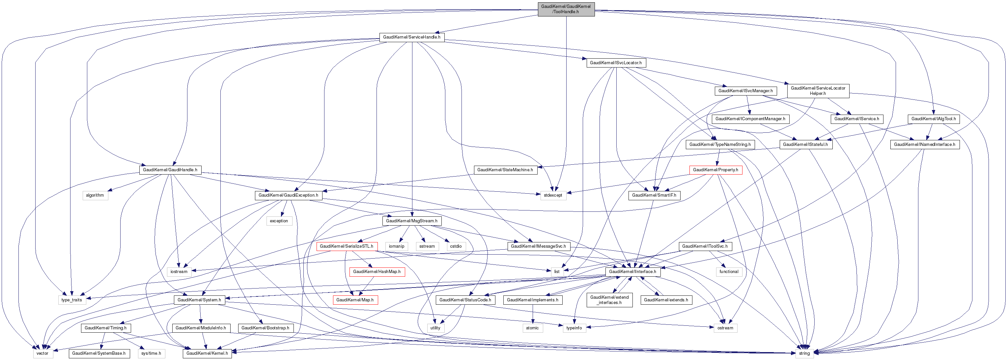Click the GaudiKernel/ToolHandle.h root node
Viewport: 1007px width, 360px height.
[566, 9]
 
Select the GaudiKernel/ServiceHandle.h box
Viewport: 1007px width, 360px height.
[412, 37]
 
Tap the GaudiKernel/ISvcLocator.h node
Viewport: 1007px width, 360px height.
[616, 63]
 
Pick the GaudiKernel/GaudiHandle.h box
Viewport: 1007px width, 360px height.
[170, 170]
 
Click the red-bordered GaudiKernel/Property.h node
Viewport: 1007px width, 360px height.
[715, 170]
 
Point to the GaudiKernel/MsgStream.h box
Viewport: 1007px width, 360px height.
[412, 221]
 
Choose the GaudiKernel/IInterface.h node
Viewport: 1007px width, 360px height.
[632, 272]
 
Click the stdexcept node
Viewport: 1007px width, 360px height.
[553, 195]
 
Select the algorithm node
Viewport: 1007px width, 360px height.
[95, 195]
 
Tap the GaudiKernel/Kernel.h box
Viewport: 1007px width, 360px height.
[207, 353]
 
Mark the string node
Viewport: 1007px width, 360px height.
[804, 353]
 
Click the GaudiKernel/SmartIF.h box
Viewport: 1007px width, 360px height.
[654, 195]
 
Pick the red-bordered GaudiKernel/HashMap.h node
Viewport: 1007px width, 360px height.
[377, 272]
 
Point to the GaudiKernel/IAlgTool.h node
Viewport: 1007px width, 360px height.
[934, 119]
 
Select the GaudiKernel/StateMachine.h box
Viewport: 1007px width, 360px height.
[505, 170]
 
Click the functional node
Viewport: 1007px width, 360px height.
[729, 272]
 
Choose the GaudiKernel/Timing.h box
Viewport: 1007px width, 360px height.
[105, 328]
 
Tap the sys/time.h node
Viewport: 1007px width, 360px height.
[151, 353]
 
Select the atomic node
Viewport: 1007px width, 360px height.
[532, 328]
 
